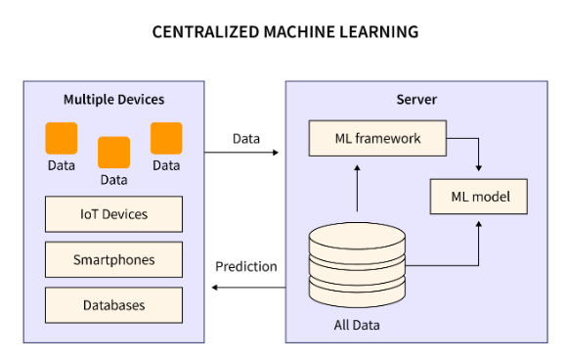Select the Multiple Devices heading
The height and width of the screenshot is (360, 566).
(114, 100)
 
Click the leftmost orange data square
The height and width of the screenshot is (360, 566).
(62, 138)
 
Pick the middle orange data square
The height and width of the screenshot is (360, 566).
(113, 152)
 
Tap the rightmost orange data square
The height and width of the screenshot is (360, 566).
(166, 138)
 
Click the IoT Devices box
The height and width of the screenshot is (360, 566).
(113, 213)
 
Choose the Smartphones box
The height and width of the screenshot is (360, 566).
(113, 259)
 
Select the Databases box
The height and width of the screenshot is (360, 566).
(113, 305)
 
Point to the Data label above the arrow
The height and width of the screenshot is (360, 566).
(246, 138)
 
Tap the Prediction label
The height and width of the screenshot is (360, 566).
(246, 266)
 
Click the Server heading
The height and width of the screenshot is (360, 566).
(416, 100)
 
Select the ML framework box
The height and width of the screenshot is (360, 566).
(376, 139)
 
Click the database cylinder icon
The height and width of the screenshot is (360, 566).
(357, 264)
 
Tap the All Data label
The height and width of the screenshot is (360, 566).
(356, 324)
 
